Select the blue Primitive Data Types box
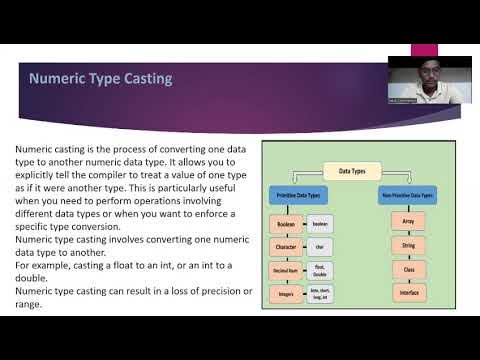click(300, 197)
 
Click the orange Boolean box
click(285, 225)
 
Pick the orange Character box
click(285, 247)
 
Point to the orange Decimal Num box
click(285, 270)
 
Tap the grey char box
click(319, 247)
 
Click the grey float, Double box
click(319, 270)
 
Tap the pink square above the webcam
click(426, 49)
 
